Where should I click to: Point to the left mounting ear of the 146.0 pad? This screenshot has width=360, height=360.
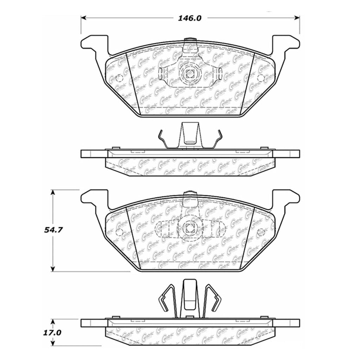point(94,44)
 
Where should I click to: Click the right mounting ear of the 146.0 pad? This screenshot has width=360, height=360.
point(287,44)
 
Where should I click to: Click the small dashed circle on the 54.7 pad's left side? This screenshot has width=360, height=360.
point(118,232)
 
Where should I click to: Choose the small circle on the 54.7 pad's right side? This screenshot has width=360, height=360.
point(261,232)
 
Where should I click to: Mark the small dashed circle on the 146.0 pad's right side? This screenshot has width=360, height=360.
point(261,78)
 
